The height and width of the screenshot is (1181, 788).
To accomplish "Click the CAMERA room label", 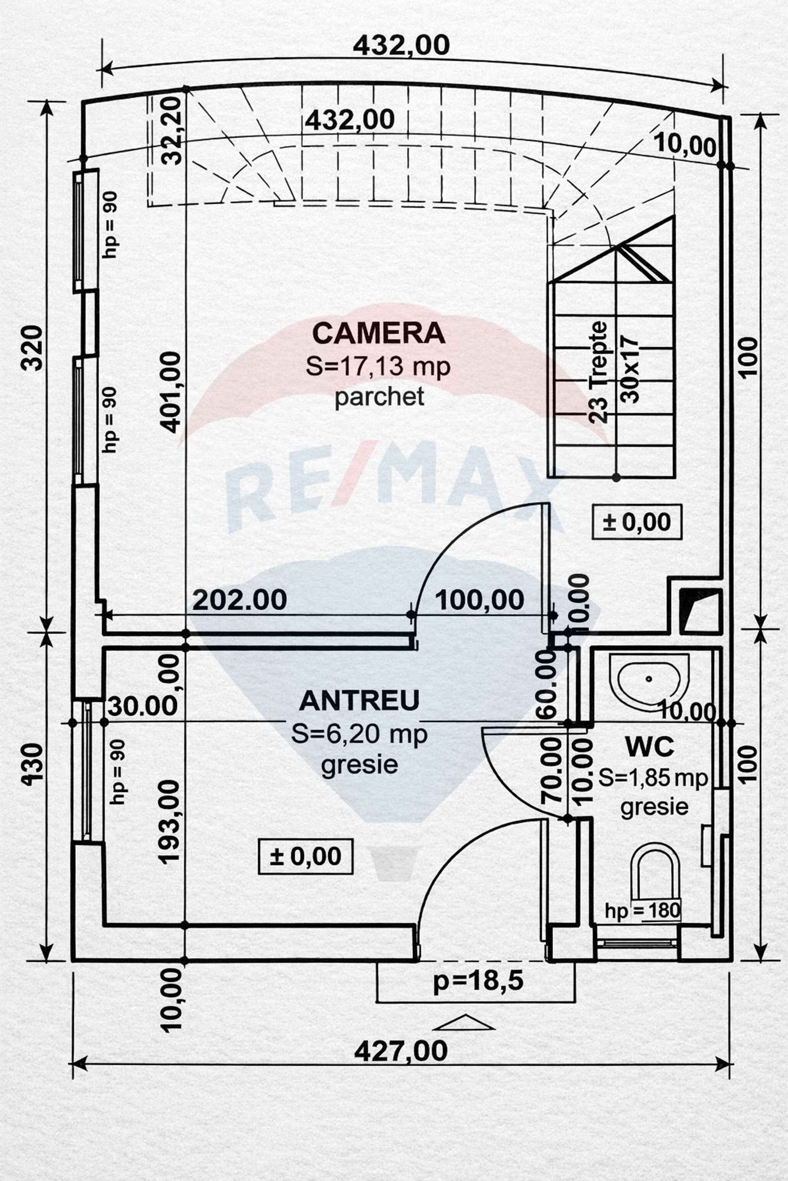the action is point(379,333).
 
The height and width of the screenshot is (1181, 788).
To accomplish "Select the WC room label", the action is point(649,747).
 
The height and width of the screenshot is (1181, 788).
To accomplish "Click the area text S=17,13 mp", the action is point(378,367).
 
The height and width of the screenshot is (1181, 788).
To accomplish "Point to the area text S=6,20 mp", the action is point(360,734).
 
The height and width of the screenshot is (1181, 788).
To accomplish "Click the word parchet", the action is point(379,397).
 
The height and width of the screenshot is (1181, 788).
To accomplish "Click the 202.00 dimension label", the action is point(239,600).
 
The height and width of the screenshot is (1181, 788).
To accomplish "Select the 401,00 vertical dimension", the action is point(170,392).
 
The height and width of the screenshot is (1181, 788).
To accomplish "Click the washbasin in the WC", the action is point(649,682).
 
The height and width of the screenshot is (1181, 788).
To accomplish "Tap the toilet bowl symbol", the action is point(655,870).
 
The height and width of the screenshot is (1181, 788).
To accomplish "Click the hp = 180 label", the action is point(642,910).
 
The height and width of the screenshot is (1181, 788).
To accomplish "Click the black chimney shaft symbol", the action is point(701,611).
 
